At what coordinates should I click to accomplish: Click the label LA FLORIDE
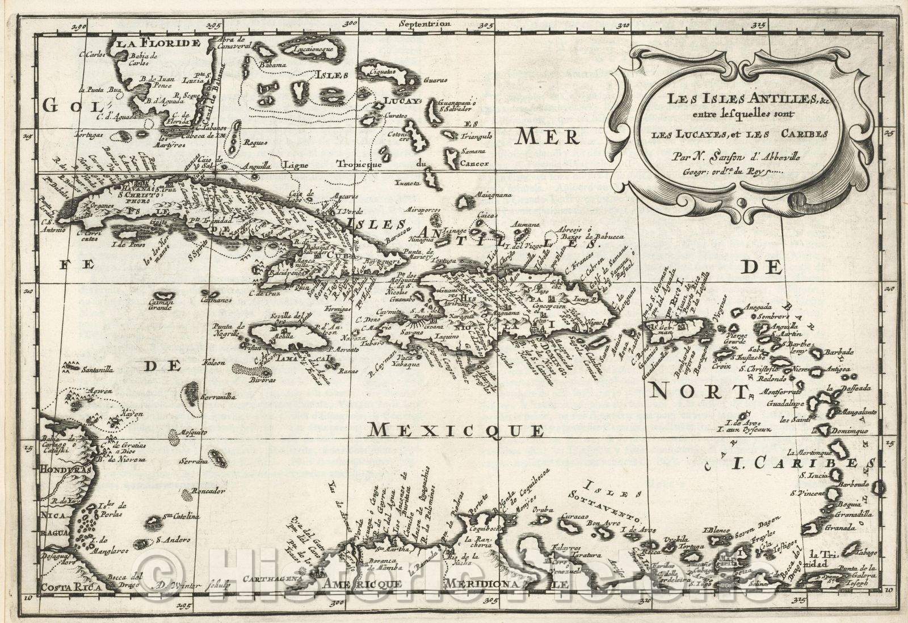coord(155,43)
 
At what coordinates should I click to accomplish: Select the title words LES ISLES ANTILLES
coord(715,100)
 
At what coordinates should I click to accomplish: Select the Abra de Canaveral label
coord(234,43)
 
